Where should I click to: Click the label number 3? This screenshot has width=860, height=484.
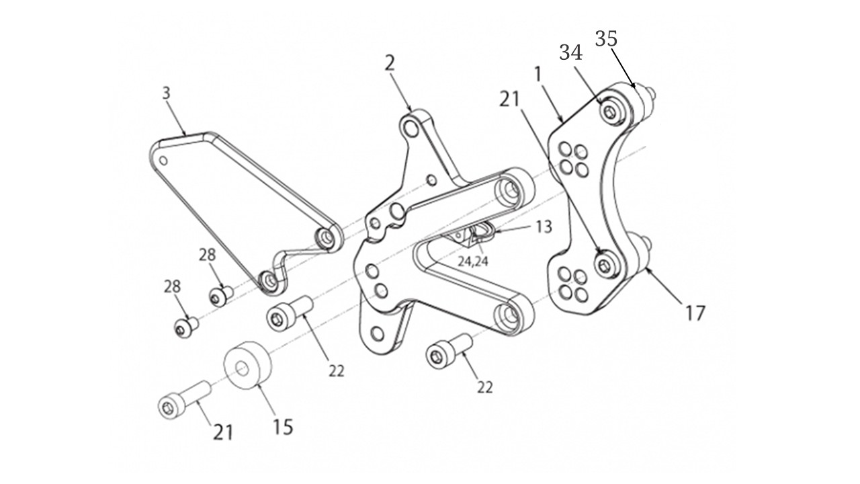tap(167, 93)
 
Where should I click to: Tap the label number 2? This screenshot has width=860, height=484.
tap(390, 63)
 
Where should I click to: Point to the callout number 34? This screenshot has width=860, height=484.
tap(570, 53)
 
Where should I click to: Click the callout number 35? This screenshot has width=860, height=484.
tap(606, 39)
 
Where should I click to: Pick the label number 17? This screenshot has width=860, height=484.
tap(696, 313)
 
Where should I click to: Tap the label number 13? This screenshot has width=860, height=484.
tap(544, 227)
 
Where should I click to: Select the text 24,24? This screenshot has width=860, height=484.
tap(473, 261)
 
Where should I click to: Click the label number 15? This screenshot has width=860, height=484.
tap(284, 427)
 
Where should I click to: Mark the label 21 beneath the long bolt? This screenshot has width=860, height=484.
tap(223, 431)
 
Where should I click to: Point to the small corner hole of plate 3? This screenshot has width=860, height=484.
tap(163, 161)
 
